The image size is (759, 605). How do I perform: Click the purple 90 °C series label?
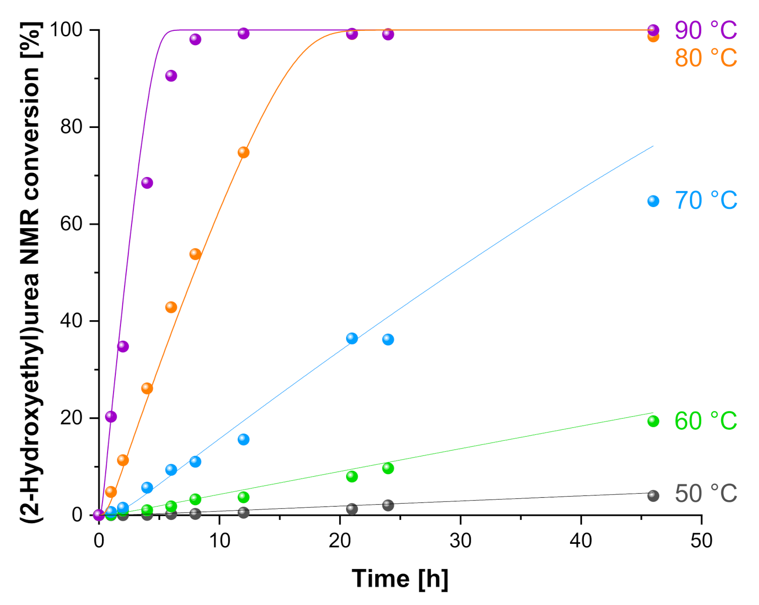pos(705,30)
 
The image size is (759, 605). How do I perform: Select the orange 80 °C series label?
pos(705,58)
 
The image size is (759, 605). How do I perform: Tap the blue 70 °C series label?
pos(705,201)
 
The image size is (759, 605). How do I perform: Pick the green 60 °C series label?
pos(705,421)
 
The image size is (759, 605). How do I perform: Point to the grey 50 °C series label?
pos(705,494)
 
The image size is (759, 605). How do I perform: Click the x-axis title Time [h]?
pos(399,579)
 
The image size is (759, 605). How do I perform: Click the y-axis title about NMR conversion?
pos(31,271)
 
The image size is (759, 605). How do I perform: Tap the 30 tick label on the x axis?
pos(460,541)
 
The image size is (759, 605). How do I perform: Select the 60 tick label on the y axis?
pos(71,224)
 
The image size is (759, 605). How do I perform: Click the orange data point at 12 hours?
pos(243,152)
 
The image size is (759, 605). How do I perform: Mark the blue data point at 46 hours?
pos(653,201)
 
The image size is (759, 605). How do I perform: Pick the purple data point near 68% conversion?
pos(147,183)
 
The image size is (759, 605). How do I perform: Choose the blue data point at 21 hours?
pos(352,339)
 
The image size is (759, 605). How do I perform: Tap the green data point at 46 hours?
pos(653,421)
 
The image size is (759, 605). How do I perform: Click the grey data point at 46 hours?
pos(653,496)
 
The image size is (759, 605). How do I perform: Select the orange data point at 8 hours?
pos(195,254)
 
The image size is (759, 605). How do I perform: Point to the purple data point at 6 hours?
pos(171,76)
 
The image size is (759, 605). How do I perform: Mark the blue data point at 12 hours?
pos(243,439)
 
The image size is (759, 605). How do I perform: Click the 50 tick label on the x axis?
pos(701,541)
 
